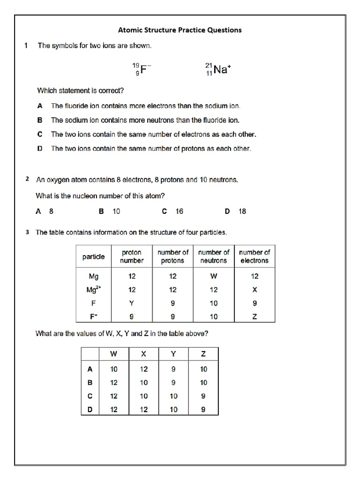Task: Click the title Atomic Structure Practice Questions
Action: pyautogui.click(x=180, y=30)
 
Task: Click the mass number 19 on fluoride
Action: pyautogui.click(x=135, y=66)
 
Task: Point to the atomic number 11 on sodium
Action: pyautogui.click(x=209, y=74)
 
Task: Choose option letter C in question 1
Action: pyautogui.click(x=40, y=134)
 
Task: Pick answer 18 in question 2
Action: pyautogui.click(x=242, y=211)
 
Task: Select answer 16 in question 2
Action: pyautogui.click(x=179, y=211)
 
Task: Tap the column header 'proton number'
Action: pyautogui.click(x=132, y=256)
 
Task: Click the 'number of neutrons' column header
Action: pyautogui.click(x=214, y=256)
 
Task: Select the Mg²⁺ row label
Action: pyautogui.click(x=93, y=290)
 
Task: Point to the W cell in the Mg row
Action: pyautogui.click(x=214, y=277)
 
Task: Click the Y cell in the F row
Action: pyautogui.click(x=132, y=303)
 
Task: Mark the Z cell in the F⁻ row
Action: pyautogui.click(x=255, y=317)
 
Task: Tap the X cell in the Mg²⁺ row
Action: pyautogui.click(x=255, y=290)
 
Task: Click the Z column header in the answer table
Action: pyautogui.click(x=203, y=354)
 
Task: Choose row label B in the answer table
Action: pyautogui.click(x=90, y=382)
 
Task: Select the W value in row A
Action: pyautogui.click(x=114, y=369)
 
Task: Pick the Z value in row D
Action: pyautogui.click(x=203, y=409)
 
